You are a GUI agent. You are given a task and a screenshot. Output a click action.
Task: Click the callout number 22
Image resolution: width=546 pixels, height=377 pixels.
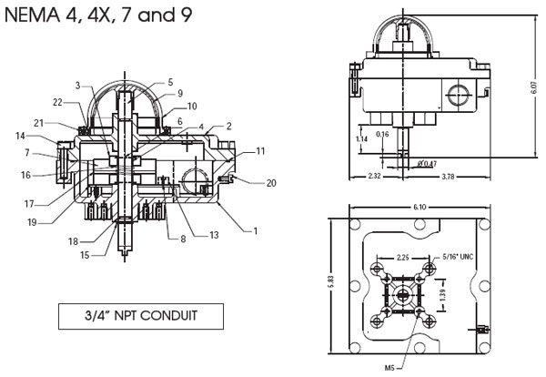tap(57, 102)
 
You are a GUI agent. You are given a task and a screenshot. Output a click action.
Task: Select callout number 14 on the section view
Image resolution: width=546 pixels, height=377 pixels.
tap(20, 136)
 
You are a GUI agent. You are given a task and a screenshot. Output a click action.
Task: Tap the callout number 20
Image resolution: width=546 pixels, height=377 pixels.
tap(271, 183)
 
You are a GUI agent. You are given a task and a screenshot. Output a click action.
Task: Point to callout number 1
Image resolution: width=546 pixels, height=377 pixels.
tap(255, 231)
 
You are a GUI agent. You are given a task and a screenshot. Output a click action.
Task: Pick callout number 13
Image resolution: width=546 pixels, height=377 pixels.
tap(214, 235)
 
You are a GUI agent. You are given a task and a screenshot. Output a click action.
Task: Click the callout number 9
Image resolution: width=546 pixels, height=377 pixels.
tap(180, 93)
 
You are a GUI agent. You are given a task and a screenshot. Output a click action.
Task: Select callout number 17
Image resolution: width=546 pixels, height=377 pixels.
tap(29, 204)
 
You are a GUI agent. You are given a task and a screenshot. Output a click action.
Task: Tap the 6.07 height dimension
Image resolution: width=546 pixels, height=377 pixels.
tap(534, 87)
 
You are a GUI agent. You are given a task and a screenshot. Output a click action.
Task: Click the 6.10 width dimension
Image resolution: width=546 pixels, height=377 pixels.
tap(420, 207)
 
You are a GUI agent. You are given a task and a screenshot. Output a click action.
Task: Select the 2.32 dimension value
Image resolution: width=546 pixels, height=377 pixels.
tap(374, 177)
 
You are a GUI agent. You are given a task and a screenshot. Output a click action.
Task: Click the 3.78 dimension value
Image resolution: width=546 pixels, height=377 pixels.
tap(448, 177)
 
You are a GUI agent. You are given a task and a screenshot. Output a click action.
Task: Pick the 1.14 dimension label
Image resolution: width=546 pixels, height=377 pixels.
tap(362, 139)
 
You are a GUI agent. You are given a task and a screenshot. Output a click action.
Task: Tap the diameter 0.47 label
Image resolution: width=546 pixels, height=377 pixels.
tap(428, 163)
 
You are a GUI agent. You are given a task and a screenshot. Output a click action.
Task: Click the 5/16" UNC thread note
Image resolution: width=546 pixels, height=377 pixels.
tap(458, 257)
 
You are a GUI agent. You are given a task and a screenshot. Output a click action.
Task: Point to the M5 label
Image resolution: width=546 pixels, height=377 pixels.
tap(389, 368)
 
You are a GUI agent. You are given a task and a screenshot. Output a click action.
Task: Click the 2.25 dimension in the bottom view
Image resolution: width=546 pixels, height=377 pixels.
tap(402, 258)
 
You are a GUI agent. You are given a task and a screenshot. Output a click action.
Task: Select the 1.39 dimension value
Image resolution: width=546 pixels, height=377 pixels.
tap(442, 295)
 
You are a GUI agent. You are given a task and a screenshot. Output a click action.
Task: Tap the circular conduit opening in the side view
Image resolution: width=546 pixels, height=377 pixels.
tap(459, 95)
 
